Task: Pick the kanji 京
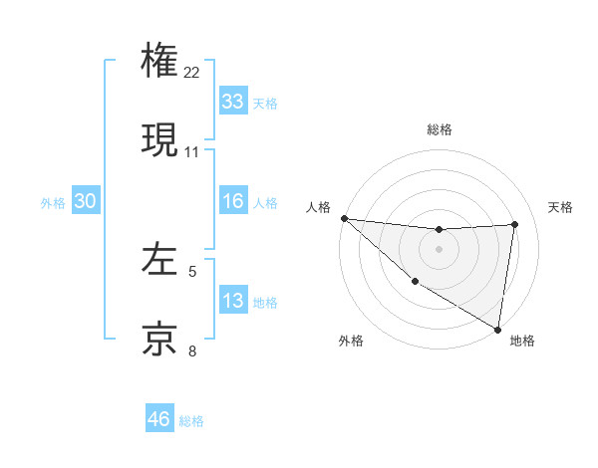point(159,339)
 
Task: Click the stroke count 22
point(192,72)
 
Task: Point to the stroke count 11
point(192,152)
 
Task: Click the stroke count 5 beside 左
point(192,271)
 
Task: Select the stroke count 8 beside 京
point(192,351)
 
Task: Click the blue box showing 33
point(232,102)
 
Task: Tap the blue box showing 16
point(232,201)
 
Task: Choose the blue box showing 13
point(232,301)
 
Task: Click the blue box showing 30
point(85,201)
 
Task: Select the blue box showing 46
point(158,419)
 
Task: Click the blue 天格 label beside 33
point(265,103)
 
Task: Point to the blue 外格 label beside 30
point(53,202)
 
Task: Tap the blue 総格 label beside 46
point(191,420)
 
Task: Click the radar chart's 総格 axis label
point(440,129)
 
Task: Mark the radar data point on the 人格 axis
point(344,218)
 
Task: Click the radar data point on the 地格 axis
point(497,329)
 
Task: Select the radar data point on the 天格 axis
point(515,224)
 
